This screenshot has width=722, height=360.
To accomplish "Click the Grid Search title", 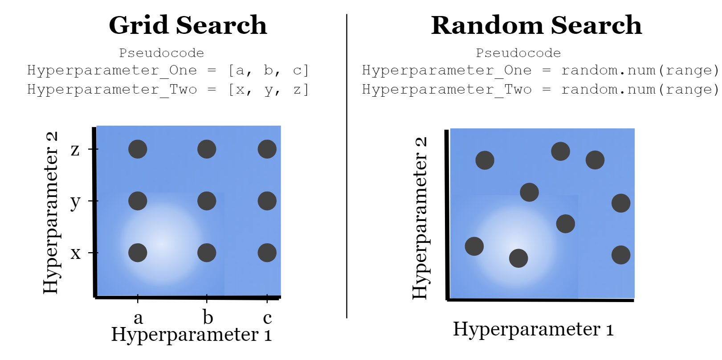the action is point(188,25).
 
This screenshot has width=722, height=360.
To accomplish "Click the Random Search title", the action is point(536,25).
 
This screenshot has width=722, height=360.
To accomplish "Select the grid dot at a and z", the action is point(138,149).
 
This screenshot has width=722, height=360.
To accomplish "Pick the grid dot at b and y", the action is point(207,201).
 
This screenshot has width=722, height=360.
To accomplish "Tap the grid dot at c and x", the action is point(267,253).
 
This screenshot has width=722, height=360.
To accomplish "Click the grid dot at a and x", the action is point(138,253).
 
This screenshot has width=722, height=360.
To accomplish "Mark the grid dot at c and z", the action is point(267,149).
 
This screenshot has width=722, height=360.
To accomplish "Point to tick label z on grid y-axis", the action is point(75,150).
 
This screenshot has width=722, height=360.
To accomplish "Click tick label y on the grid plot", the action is point(75,202).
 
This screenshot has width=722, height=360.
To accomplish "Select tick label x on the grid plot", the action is point(76,253).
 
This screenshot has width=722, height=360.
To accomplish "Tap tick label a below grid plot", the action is point(138,318).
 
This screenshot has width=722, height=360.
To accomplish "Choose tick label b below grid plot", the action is point(208,317).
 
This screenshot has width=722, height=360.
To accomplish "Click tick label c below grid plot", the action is point(267,318).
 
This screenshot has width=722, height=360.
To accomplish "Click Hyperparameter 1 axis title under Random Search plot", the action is point(533,329).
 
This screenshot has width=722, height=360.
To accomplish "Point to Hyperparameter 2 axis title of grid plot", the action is point(51,213).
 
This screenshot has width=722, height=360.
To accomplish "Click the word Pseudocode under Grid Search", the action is point(161,53).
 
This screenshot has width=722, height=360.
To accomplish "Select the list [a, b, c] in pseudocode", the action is point(268,70).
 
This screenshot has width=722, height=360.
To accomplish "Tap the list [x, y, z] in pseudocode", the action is point(268,90).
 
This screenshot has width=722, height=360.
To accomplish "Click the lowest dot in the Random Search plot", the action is point(518,258).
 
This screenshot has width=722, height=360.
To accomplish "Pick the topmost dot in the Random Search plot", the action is point(560,151).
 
